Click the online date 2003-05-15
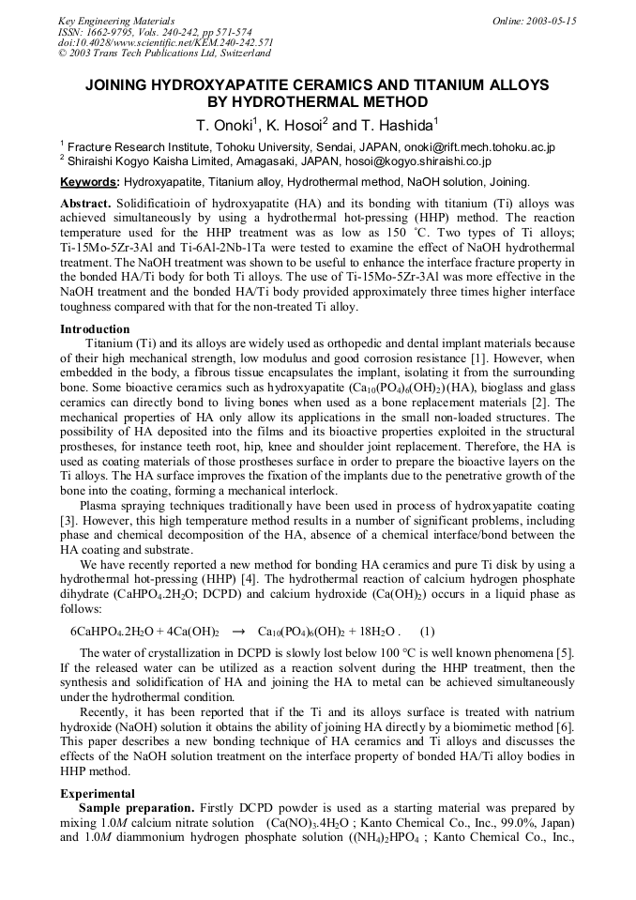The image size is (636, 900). pyautogui.click(x=551, y=21)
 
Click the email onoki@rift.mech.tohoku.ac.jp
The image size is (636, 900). pyautogui.click(x=478, y=147)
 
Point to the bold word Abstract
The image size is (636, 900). pyautogui.click(x=85, y=203)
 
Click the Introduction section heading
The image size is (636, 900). pyautogui.click(x=95, y=329)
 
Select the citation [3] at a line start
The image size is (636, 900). pyautogui.click(x=68, y=519)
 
